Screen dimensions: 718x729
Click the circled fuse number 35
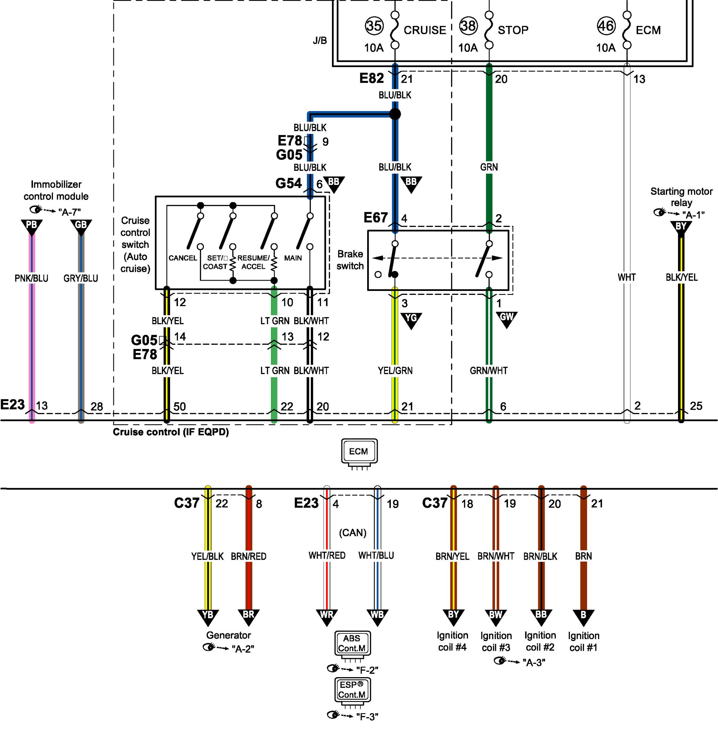pyautogui.click(x=374, y=26)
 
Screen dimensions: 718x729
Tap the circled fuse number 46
pyautogui.click(x=606, y=26)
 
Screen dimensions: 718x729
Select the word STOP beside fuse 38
pyautogui.click(x=513, y=30)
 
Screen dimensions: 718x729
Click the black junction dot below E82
pyautogui.click(x=395, y=114)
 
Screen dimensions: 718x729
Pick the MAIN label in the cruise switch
pyautogui.click(x=293, y=258)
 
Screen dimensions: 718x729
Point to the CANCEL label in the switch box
pyautogui.click(x=183, y=258)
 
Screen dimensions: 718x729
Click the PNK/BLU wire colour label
pyautogui.click(x=31, y=278)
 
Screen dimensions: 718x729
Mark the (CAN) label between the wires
pyautogui.click(x=353, y=533)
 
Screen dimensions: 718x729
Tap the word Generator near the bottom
pyautogui.click(x=228, y=635)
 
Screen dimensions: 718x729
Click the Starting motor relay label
pyautogui.click(x=681, y=197)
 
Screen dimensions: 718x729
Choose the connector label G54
pyautogui.click(x=289, y=183)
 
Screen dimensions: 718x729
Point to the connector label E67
pyautogui.click(x=375, y=218)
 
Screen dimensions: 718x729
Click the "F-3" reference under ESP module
pyautogui.click(x=367, y=716)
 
